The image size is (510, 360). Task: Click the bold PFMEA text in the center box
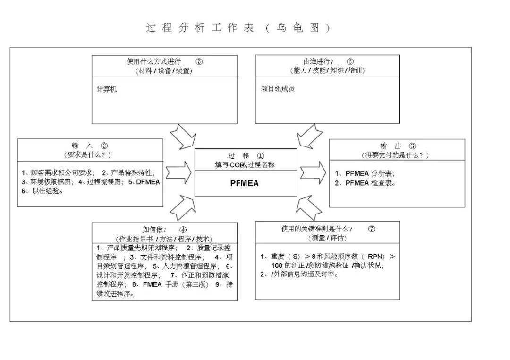(245, 184)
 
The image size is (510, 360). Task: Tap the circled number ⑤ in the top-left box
(199, 61)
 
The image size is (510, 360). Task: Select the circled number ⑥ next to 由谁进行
(350, 61)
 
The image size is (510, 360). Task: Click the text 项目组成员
(278, 89)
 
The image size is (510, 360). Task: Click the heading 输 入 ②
(90, 146)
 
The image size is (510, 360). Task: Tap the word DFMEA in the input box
(148, 181)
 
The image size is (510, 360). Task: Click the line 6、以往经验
(42, 191)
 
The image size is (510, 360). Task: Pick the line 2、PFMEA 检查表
(365, 183)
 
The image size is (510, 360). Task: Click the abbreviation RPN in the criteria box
(376, 257)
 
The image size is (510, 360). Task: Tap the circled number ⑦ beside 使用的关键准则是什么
(372, 229)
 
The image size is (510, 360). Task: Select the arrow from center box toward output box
(313, 172)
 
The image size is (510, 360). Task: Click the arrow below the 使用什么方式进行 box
(182, 137)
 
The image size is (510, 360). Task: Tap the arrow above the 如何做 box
(182, 208)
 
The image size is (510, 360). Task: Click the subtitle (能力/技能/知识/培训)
(327, 70)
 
